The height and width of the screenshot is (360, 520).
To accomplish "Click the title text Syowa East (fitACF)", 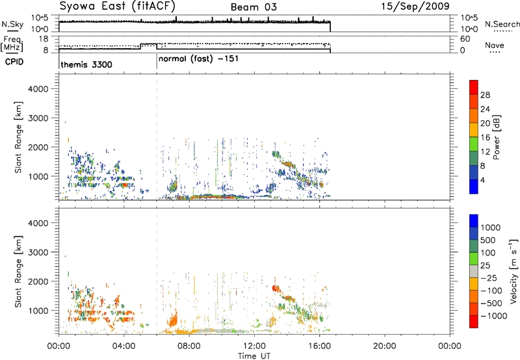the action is pyautogui.click(x=118, y=6).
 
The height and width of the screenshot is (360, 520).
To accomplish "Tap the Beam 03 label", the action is pyautogui.click(x=253, y=7).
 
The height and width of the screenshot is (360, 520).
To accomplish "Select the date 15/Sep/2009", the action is pyautogui.click(x=415, y=6).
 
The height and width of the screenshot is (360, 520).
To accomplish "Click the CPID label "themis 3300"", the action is pyautogui.click(x=86, y=64).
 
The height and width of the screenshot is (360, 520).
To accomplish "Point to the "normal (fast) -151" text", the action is pyautogui.click(x=198, y=59).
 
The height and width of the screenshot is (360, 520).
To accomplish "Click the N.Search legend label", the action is pyautogui.click(x=502, y=24).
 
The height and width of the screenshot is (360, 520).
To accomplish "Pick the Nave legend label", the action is pyautogui.click(x=495, y=45).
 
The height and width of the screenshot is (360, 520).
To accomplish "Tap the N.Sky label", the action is pyautogui.click(x=12, y=24).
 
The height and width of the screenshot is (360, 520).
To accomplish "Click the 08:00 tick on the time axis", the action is pyautogui.click(x=189, y=346).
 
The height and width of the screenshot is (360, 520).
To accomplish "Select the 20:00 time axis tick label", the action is pyautogui.click(x=384, y=346).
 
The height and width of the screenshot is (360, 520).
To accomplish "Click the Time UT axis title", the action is pyautogui.click(x=254, y=355).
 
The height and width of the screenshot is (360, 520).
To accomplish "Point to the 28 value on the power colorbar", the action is pyautogui.click(x=485, y=95).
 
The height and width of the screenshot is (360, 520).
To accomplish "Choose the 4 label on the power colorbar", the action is pyautogui.click(x=482, y=180).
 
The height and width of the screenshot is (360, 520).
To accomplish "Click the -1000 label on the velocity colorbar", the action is pyautogui.click(x=493, y=316).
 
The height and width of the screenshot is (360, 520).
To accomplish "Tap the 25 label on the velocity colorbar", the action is pyautogui.click(x=485, y=266).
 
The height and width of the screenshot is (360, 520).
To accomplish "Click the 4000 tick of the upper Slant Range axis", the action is pyautogui.click(x=38, y=89).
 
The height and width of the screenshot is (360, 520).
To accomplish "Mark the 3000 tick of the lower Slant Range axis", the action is pyautogui.click(x=38, y=252).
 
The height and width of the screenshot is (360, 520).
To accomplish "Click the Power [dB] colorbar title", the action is pyautogui.click(x=497, y=137).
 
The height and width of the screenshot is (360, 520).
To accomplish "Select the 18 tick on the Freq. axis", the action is pyautogui.click(x=44, y=39).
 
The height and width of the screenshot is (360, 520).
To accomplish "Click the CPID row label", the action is pyautogui.click(x=14, y=62).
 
